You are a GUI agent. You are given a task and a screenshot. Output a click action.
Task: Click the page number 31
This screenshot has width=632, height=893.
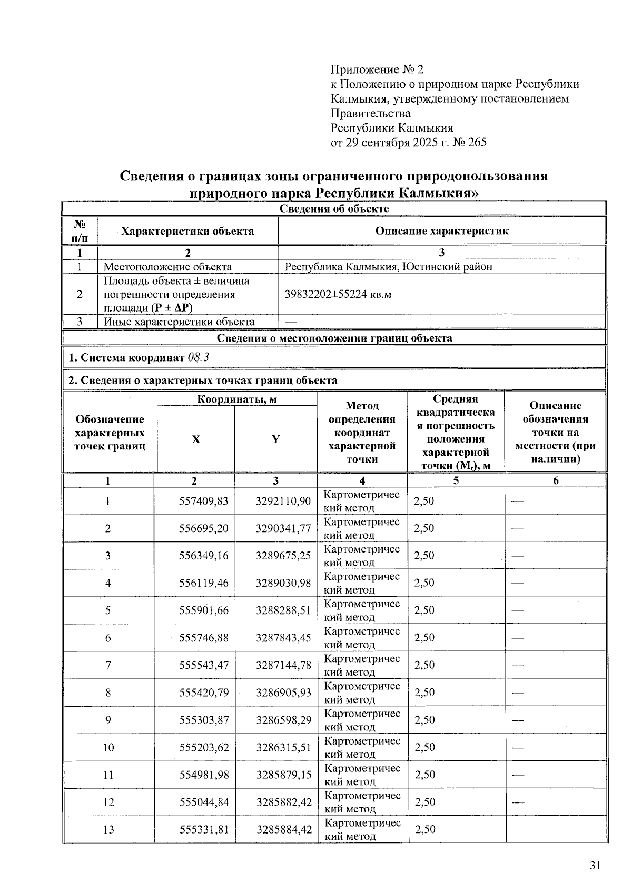595,866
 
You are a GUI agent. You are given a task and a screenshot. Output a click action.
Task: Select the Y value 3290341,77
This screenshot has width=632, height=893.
283,528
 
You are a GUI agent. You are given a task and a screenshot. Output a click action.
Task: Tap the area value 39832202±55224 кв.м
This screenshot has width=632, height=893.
338,294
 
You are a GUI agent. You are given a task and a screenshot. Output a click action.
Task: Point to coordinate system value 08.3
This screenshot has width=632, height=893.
198,358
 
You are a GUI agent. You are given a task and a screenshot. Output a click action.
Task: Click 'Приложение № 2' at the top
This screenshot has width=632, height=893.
377,69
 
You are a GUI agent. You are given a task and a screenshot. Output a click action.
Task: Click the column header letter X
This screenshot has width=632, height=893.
195,439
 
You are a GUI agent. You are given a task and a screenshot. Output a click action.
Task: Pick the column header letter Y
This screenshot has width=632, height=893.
275,439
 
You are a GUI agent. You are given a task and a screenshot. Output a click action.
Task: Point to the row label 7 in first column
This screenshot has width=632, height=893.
108,665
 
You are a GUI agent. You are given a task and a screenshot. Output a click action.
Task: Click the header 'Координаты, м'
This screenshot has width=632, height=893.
237,399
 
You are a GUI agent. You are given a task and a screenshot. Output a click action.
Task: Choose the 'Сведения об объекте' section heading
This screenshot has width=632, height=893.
334,209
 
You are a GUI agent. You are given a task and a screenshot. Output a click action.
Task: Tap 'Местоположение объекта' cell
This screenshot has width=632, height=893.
167,267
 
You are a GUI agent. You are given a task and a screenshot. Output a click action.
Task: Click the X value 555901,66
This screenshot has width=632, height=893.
204,610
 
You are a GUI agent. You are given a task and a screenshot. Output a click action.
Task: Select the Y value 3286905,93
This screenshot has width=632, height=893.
283,693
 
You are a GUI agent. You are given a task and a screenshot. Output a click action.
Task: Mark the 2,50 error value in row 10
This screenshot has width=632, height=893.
424,747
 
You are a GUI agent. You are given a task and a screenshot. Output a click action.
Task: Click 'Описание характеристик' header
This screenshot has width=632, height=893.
441,231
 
